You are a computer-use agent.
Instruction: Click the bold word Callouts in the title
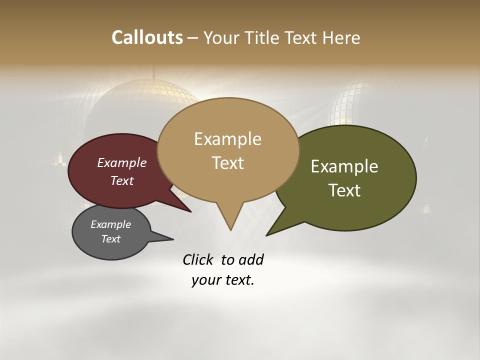coord(147,37)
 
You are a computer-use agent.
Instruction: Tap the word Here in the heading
coord(341,38)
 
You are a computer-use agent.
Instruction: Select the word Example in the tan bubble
coord(227,139)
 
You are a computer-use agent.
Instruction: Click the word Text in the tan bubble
coord(228,163)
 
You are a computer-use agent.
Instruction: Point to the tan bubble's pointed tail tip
coord(230,230)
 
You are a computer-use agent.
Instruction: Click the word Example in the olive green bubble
coord(344,166)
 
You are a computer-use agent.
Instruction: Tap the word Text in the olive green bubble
coord(345,190)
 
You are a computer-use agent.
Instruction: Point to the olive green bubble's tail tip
coord(266,235)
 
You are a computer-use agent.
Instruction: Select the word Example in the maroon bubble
coord(122,162)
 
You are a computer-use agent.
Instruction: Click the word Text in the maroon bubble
coord(122,180)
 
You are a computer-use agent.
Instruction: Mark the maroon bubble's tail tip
coord(191,212)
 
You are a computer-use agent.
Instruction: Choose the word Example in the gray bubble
coord(110,224)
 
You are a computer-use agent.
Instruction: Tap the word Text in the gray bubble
coord(111,239)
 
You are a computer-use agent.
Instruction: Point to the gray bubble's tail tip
coord(173,239)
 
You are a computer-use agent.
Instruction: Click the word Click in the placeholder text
coord(198,260)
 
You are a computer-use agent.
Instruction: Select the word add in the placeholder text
coord(250,260)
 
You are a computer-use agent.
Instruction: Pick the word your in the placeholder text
coord(205,280)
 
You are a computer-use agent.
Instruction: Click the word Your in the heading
coord(220,38)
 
